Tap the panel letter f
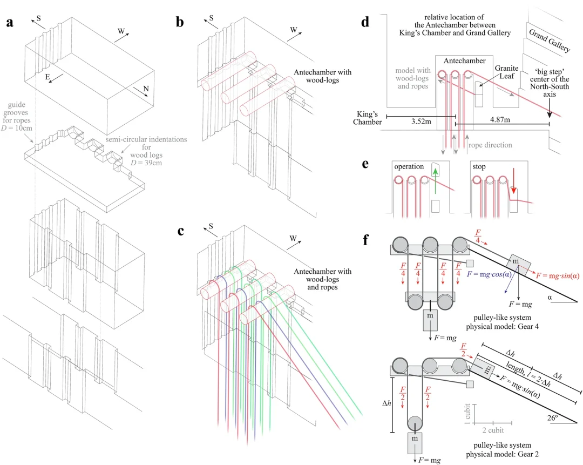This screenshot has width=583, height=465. click(x=365, y=239)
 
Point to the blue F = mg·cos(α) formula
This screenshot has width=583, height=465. click(x=497, y=274)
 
